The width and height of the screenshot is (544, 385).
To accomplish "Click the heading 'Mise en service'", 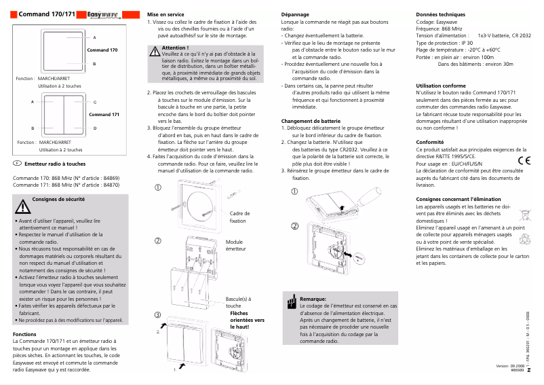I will [166, 14].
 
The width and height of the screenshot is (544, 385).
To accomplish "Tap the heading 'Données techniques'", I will [440, 14].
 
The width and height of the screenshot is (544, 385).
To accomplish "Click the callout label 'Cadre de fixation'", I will [238, 217].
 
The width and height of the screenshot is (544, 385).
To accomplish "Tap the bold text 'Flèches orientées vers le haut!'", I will [247, 320].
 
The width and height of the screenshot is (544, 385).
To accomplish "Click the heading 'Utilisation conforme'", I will [440, 86].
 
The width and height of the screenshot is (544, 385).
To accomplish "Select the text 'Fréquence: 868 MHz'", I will [438, 29].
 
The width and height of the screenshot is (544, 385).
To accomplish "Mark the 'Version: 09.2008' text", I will [510, 366].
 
